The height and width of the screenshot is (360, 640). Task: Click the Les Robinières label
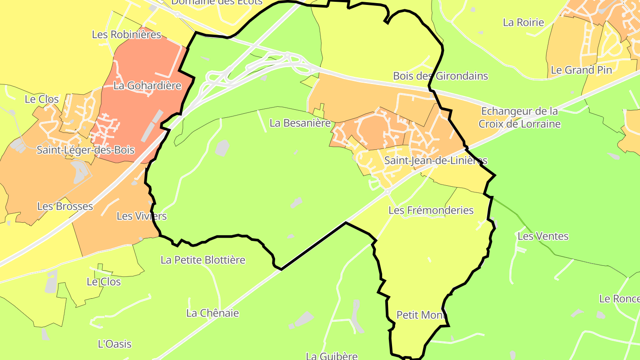click(126, 34)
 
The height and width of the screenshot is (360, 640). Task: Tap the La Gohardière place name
click(147, 85)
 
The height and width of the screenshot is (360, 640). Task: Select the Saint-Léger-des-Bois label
click(85, 150)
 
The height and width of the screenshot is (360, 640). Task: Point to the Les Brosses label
click(65, 206)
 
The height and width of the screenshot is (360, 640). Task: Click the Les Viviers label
click(141, 216)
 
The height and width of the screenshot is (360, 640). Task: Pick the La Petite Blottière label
click(203, 260)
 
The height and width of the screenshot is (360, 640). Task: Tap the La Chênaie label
click(212, 313)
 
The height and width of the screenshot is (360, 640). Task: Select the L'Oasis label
click(114, 344)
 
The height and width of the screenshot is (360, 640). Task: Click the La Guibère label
click(332, 356)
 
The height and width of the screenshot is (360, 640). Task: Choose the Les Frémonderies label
click(431, 210)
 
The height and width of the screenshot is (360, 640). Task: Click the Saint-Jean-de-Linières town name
click(436, 160)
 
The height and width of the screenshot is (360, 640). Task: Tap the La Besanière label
click(300, 123)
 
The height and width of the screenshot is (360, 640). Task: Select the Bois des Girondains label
click(440, 76)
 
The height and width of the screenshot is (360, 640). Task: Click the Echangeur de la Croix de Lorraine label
click(520, 117)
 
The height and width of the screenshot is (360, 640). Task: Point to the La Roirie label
click(523, 22)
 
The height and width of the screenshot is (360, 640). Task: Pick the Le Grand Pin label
click(581, 70)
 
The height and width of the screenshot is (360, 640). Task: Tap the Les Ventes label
click(543, 236)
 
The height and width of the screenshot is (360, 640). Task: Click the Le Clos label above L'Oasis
click(104, 281)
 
